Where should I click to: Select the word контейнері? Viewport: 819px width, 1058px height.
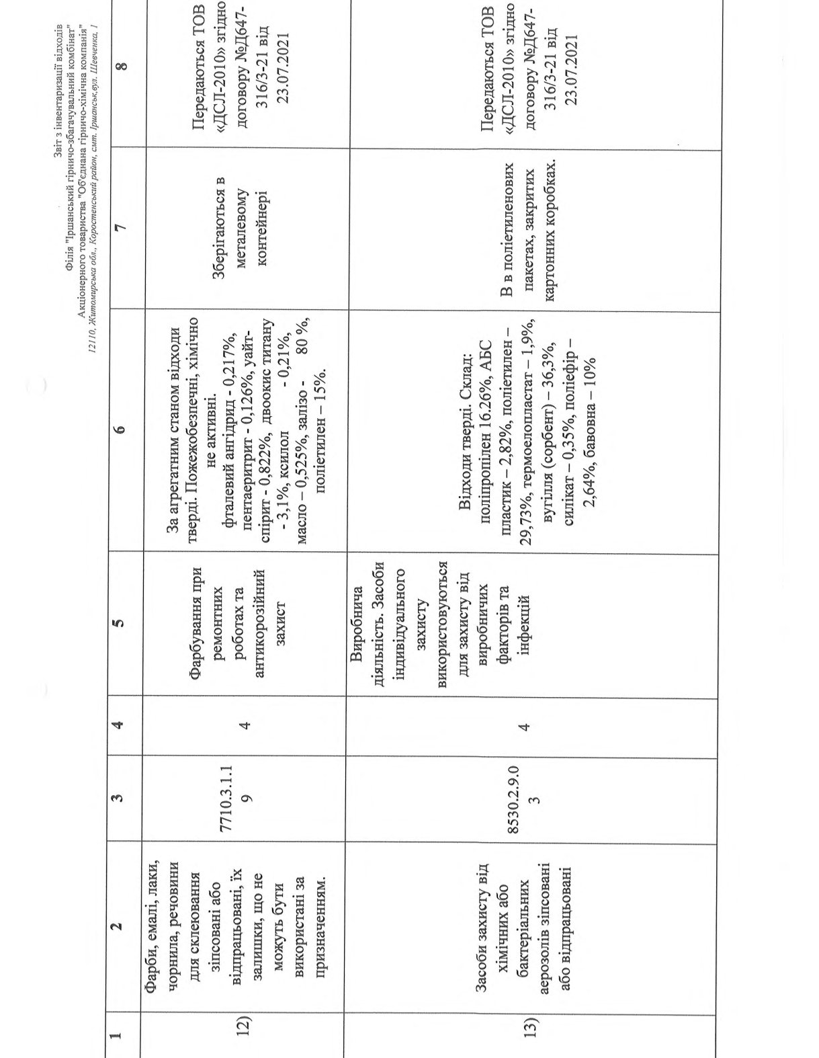coord(262,229)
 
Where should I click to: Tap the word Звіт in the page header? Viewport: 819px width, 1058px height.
coord(56,149)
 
